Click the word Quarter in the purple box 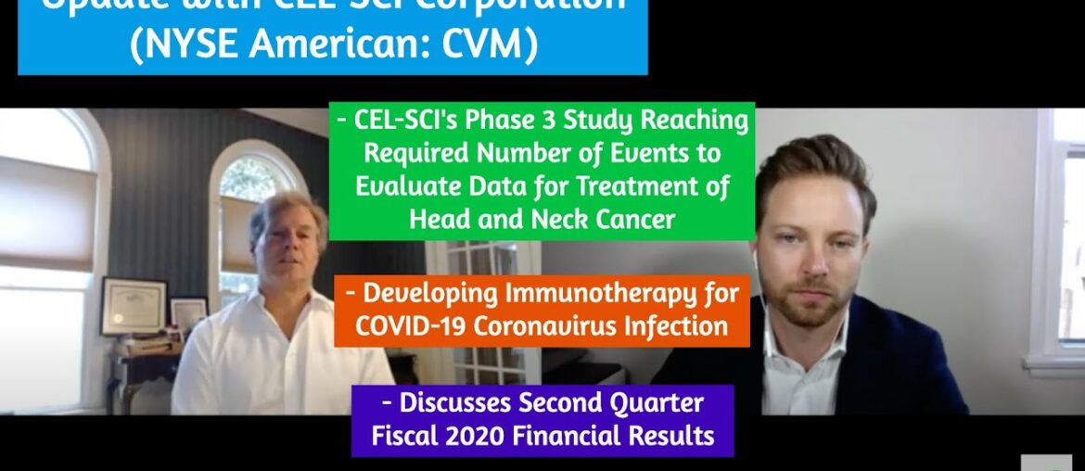[x=653, y=403]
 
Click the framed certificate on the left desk [x=134, y=305]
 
